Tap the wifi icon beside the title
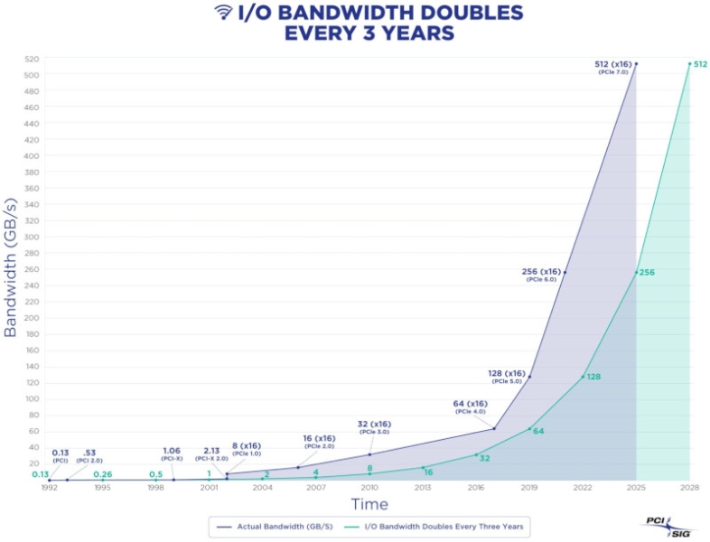point(222,13)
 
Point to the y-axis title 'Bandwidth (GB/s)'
point(11,270)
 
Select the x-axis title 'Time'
point(370,503)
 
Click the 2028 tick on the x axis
point(689,488)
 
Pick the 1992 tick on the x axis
point(49,488)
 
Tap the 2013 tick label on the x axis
point(423,488)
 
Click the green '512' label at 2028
point(701,63)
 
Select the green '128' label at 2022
point(594,376)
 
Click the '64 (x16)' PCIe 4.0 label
point(471,404)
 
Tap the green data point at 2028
point(689,63)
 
